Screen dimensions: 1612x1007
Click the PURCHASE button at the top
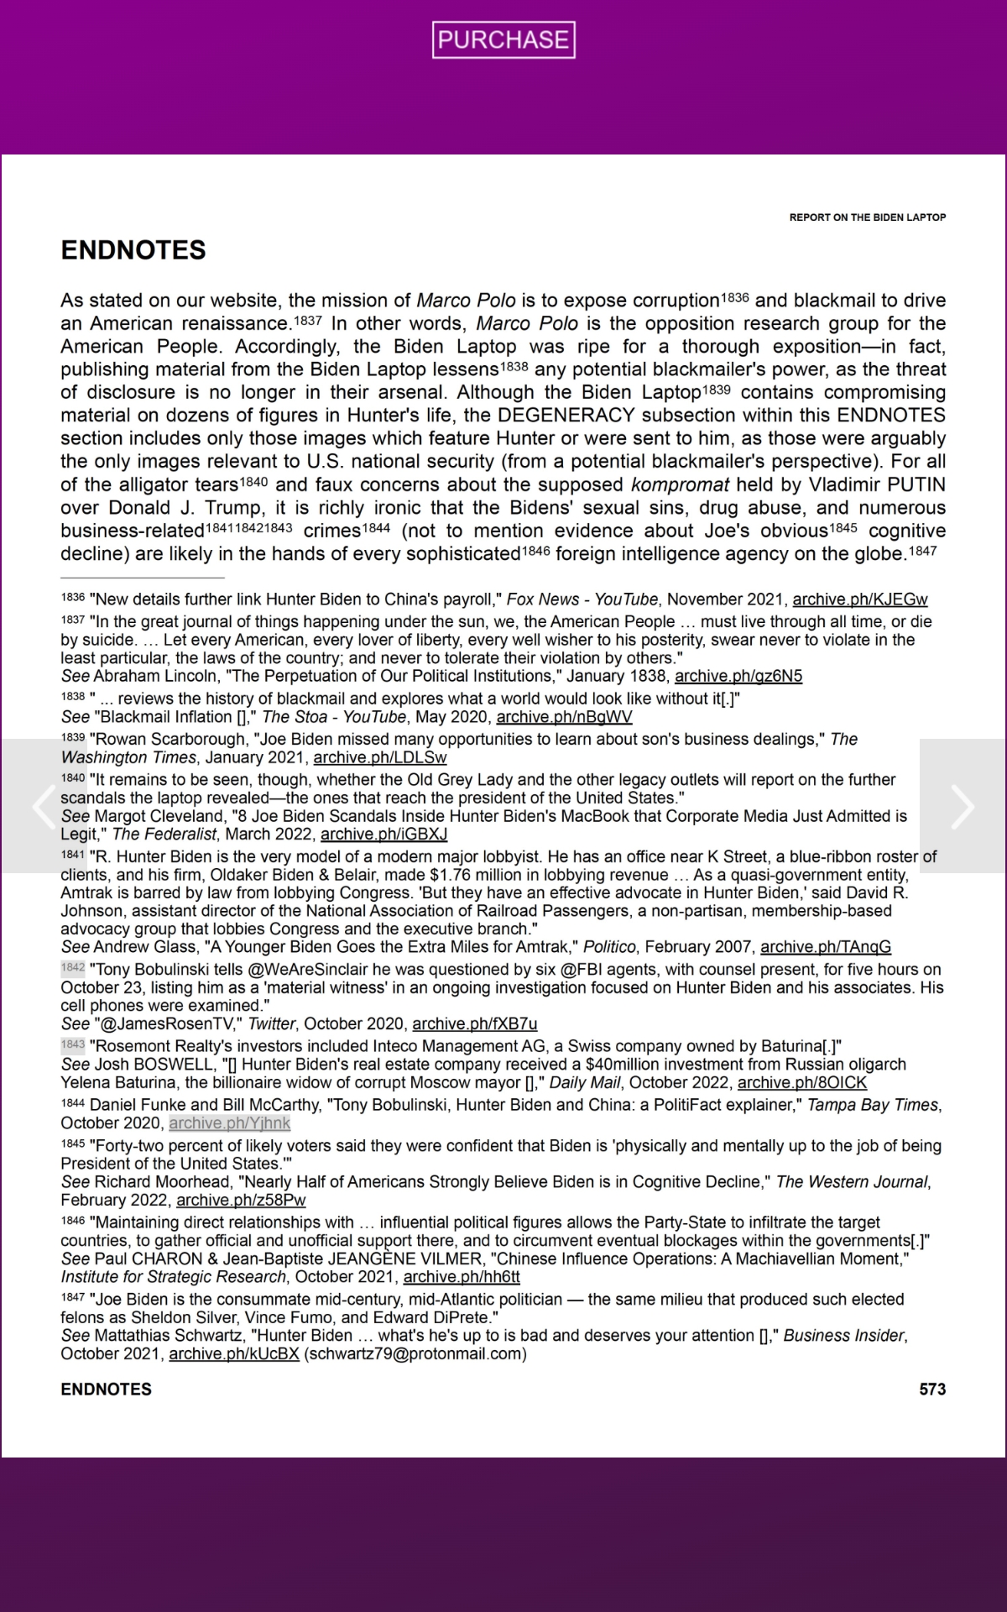(x=503, y=39)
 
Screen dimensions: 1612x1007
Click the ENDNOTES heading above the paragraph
(x=133, y=250)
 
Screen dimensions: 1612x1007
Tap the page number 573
(x=932, y=1389)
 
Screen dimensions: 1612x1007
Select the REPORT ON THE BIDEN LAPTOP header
(x=867, y=217)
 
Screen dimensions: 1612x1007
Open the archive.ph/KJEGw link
(x=860, y=599)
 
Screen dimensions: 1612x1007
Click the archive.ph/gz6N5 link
(x=738, y=676)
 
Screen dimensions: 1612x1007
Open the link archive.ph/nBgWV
(x=564, y=717)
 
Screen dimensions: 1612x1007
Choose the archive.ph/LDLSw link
(x=380, y=757)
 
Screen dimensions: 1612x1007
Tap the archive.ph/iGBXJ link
(x=383, y=834)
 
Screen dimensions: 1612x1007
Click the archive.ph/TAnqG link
(x=826, y=947)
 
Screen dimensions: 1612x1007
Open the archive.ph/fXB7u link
(x=474, y=1023)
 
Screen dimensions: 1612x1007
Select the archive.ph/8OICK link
(x=801, y=1082)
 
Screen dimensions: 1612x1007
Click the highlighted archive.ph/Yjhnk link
(x=229, y=1123)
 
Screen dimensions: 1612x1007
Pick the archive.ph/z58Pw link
(x=241, y=1200)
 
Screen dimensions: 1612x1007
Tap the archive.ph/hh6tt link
(x=462, y=1277)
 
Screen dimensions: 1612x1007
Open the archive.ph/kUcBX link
(x=234, y=1353)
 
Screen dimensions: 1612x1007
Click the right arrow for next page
(x=963, y=806)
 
